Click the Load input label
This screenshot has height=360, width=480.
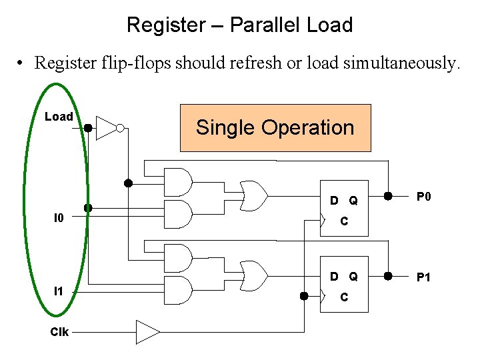pyautogui.click(x=59, y=117)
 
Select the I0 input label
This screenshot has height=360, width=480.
pyautogui.click(x=59, y=217)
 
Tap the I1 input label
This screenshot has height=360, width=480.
pyautogui.click(x=59, y=291)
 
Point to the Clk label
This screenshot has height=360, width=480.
pyautogui.click(x=59, y=331)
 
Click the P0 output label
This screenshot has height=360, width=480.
pyautogui.click(x=424, y=197)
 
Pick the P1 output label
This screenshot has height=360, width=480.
pyautogui.click(x=424, y=277)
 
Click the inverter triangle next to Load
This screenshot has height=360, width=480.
pyautogui.click(x=105, y=127)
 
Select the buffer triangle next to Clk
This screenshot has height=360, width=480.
pyautogui.click(x=147, y=331)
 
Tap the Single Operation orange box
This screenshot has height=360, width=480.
pyautogui.click(x=275, y=127)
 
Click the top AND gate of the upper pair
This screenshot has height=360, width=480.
pyautogui.click(x=177, y=181)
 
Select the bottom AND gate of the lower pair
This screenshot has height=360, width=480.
pyautogui.click(x=177, y=290)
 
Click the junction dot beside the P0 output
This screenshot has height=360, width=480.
pyautogui.click(x=388, y=196)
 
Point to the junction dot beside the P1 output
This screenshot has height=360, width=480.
pyautogui.click(x=388, y=276)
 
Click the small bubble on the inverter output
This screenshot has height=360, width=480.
pyautogui.click(x=120, y=128)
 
